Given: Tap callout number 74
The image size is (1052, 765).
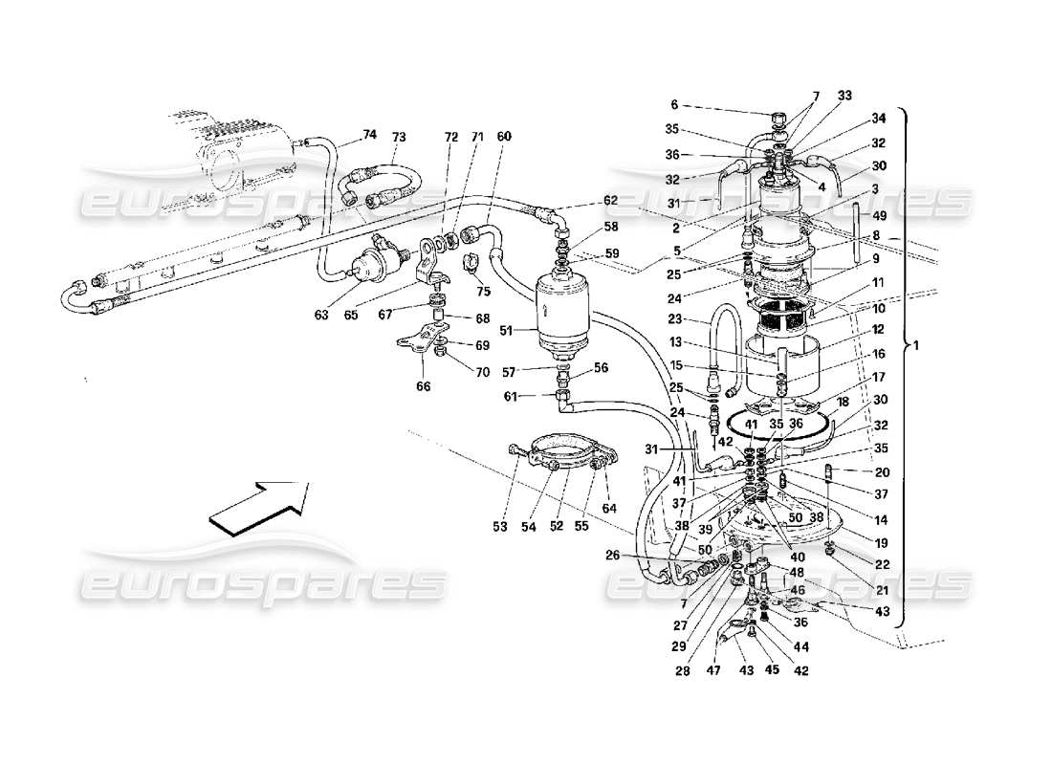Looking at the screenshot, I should click(x=370, y=136).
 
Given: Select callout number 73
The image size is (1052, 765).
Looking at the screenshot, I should click(x=399, y=136).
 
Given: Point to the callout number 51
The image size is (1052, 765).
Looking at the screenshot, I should click(x=507, y=331).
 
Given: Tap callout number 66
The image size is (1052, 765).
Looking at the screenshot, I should click(x=423, y=386).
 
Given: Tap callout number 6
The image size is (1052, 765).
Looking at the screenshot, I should click(x=673, y=106).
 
